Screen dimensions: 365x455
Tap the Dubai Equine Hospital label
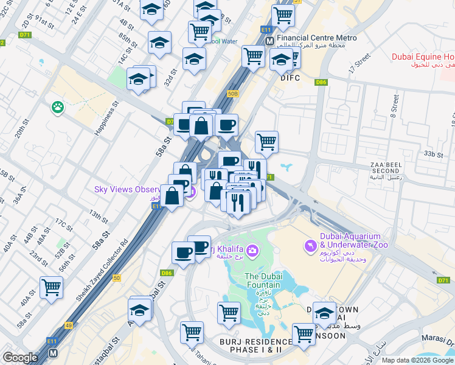click(x=423, y=57)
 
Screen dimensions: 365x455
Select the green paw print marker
click(x=58, y=107)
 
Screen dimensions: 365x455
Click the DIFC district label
click(x=290, y=78)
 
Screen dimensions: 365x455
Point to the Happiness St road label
click(x=105, y=119)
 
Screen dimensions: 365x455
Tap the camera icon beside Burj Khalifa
click(x=252, y=250)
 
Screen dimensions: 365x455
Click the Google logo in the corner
click(x=20, y=358)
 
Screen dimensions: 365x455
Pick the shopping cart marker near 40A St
click(x=51, y=287)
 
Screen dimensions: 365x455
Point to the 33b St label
click(x=435, y=155)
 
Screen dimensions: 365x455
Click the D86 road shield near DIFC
click(x=321, y=82)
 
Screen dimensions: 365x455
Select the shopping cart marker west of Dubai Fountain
click(x=229, y=313)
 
